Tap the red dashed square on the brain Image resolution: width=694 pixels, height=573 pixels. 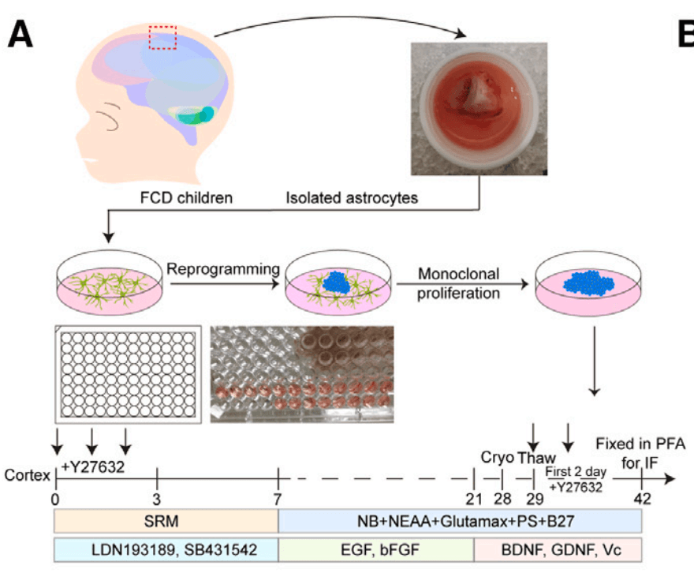tap(162, 37)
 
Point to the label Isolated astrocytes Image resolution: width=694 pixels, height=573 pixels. tap(352, 198)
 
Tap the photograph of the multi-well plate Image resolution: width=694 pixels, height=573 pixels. tap(302, 373)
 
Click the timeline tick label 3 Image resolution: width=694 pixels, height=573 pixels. tap(157, 499)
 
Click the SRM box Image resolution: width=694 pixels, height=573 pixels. tap(166, 522)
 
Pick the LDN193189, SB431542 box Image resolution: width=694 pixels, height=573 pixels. tap(166, 549)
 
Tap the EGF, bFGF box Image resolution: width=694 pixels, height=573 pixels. tap(376, 549)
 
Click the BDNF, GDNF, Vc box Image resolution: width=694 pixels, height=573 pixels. tap(558, 549)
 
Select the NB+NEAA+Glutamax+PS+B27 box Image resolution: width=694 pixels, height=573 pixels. tap(461, 522)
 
